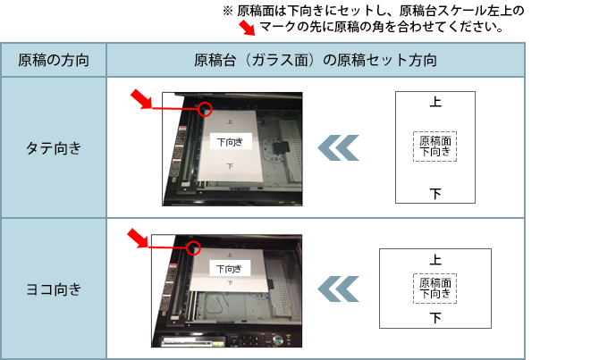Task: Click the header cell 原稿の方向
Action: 54,61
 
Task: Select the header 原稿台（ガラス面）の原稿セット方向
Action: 316,61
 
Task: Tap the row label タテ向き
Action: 54,148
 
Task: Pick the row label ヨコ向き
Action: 54,289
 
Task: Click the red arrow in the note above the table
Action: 247,28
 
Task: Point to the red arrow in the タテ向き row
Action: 141,99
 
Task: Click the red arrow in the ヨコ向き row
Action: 138,239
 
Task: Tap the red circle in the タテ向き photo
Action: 205,109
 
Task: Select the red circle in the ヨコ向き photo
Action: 194,248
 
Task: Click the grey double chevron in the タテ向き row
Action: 339,147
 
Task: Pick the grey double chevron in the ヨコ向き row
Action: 339,289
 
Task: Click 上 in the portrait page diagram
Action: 435,102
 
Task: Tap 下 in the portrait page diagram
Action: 435,194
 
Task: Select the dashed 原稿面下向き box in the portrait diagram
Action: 434,147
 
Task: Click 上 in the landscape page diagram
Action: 435,260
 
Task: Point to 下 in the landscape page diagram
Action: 435,318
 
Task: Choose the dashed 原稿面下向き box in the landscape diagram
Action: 434,289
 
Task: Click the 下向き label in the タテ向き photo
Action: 231,142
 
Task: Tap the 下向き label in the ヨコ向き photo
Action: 230,268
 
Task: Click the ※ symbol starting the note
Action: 228,11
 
